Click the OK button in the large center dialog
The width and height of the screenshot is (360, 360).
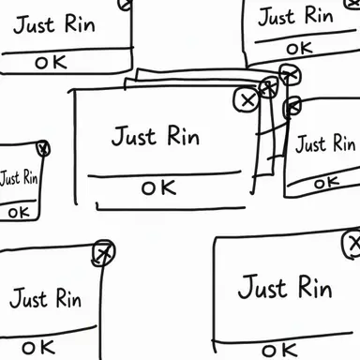[x=158, y=187]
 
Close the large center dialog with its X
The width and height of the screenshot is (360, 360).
[x=247, y=99]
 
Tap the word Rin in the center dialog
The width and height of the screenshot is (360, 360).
[x=184, y=135]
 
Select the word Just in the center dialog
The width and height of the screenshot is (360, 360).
[x=134, y=136]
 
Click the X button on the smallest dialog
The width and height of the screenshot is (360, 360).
[x=43, y=148]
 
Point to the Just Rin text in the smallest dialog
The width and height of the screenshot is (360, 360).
[x=19, y=178]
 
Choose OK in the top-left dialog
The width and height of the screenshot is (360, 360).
[x=51, y=62]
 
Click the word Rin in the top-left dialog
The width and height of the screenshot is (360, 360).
[x=80, y=23]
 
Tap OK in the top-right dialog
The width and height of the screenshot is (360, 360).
[x=299, y=49]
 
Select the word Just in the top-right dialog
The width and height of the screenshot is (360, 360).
[x=277, y=17]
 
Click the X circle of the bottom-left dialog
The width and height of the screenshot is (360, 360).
[x=103, y=253]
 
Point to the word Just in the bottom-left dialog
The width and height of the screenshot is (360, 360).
[x=28, y=299]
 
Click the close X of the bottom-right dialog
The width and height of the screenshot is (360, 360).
[x=352, y=244]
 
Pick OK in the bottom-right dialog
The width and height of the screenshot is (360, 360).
[x=279, y=351]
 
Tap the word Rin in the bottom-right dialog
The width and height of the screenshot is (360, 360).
[x=315, y=287]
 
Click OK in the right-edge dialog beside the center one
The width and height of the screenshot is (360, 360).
[x=326, y=183]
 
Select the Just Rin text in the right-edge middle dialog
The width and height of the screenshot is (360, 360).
[x=325, y=143]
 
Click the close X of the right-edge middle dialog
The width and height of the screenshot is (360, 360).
[x=292, y=107]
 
